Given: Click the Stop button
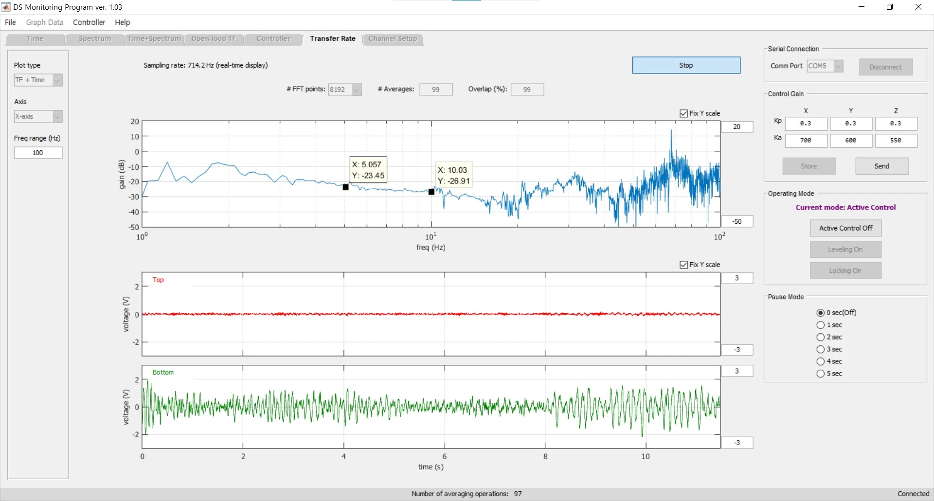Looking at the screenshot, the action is pos(686,65).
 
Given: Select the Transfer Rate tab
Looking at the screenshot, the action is pos(333,39).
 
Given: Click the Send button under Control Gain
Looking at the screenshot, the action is pos(881,166).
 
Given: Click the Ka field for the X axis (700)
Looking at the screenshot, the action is pos(806,141).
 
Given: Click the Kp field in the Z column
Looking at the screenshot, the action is pos(896,124).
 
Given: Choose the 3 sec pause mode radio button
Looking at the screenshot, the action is pos(821,349).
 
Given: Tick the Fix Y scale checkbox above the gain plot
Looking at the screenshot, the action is pos(683,113).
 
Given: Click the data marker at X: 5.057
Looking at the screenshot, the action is pos(345,187).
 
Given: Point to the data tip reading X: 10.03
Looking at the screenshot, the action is pos(453,175).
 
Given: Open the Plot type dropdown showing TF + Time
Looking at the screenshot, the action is pos(38,80).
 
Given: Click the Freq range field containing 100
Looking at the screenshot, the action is pos(38,153).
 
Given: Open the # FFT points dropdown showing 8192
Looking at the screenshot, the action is pos(345,89).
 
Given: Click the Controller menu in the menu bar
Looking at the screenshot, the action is pos(89,22).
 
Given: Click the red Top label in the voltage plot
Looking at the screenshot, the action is pos(158,280).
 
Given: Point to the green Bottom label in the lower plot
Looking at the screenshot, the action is pos(163,372).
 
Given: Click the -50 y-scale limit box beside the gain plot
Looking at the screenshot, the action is pos(737,221).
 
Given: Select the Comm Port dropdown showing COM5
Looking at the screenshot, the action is pos(825,66).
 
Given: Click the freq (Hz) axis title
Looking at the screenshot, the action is pos(431,248).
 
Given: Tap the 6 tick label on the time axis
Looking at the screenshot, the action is pos(445,456).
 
